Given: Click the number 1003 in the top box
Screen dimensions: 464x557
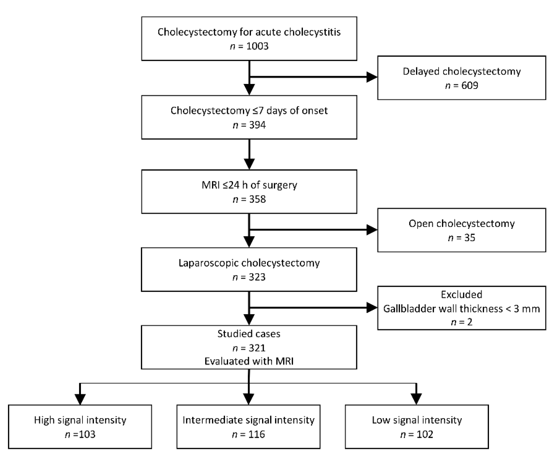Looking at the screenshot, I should tap(257, 46).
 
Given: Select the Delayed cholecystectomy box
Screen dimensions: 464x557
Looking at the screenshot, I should tap(462, 78).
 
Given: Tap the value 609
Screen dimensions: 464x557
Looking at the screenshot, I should tap(469, 85).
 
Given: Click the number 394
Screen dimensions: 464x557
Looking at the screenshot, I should tap(257, 125).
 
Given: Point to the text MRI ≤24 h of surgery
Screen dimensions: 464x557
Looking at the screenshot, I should tap(249, 185).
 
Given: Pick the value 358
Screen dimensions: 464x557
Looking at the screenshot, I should tap(257, 199).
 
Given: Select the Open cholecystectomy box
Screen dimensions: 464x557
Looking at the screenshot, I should tap(462, 230).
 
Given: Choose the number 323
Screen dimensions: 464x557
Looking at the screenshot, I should tap(257, 277).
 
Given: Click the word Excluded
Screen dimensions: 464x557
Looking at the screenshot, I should tap(462, 294).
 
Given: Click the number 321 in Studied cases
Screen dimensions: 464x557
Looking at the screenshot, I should tap(257, 348).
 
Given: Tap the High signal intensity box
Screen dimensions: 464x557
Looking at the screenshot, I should tap(80, 427).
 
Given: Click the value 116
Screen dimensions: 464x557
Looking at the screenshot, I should tap(256, 435).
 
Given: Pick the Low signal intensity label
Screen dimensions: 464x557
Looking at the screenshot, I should tap(417, 420).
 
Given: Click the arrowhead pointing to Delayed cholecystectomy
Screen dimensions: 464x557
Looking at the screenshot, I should tap(372, 77).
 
